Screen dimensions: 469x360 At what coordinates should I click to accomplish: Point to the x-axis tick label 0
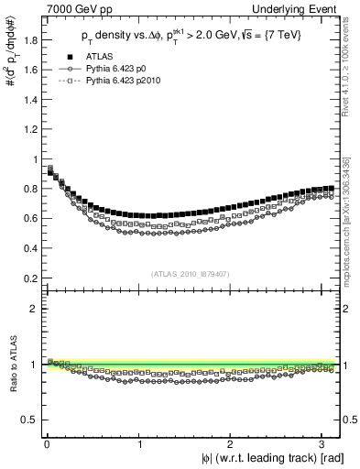[x=47, y=444]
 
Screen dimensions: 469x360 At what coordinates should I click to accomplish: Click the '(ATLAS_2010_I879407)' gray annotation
[x=191, y=273]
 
